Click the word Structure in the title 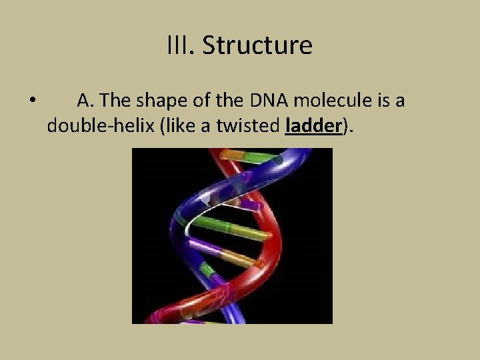point(257,45)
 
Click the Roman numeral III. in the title point(181,45)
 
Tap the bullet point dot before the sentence point(32,101)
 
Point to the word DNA point(270,101)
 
